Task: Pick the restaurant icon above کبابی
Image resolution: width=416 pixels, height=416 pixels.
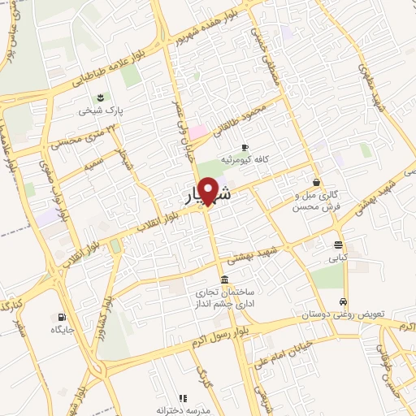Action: point(337,245)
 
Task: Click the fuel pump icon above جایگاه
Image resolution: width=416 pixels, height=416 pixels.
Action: point(63,317)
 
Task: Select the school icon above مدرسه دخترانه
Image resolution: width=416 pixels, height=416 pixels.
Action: point(183,398)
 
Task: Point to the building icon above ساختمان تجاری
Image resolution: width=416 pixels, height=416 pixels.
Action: point(224,279)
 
